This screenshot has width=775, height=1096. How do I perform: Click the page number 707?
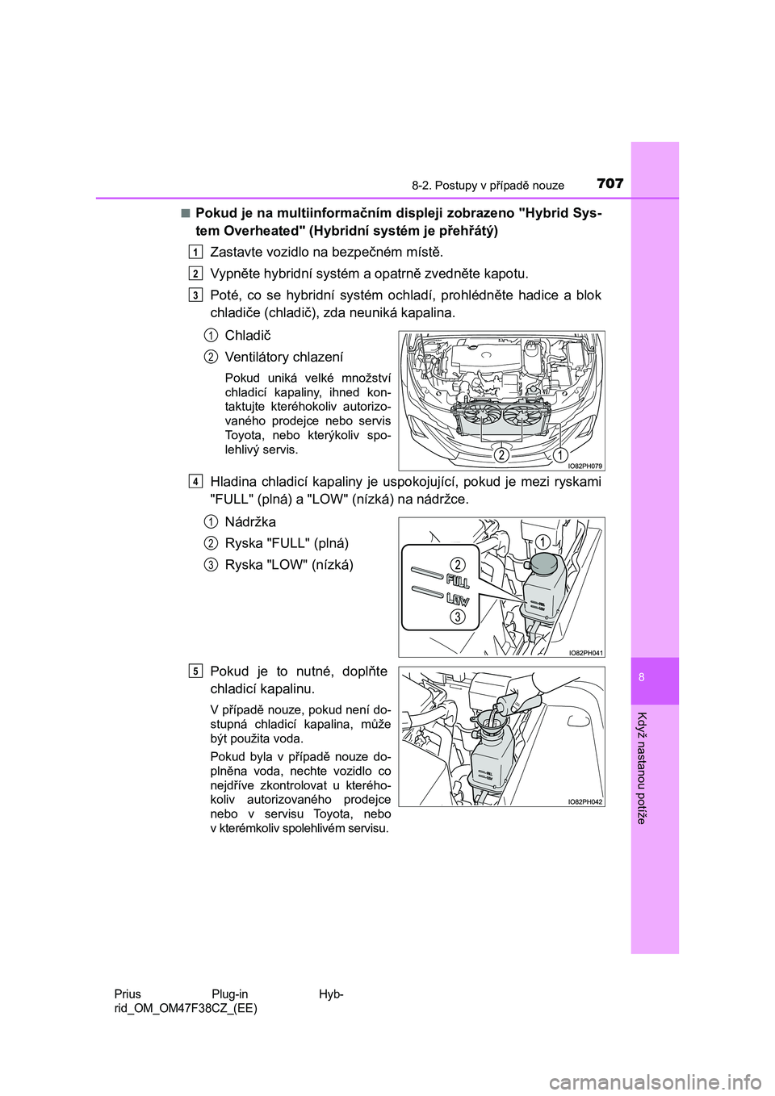(610, 184)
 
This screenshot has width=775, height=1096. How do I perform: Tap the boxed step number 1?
(196, 252)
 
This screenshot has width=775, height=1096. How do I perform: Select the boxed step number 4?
(196, 482)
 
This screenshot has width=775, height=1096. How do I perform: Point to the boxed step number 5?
(196, 671)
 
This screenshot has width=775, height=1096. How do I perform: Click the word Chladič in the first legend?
(248, 336)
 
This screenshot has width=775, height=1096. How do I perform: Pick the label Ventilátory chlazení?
(283, 357)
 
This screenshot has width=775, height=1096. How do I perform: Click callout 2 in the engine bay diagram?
(501, 455)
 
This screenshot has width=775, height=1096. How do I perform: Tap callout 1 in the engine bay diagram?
(559, 455)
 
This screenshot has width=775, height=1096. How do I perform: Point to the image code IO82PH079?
(584, 466)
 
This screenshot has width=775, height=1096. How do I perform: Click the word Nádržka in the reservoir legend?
(250, 522)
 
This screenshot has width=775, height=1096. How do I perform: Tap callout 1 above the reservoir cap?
(543, 542)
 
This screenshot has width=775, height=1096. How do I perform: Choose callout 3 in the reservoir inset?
(457, 617)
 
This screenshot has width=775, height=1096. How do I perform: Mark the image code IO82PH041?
(584, 652)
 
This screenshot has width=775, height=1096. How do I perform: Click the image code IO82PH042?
(584, 801)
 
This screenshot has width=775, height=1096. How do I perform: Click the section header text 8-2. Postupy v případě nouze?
(488, 186)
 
